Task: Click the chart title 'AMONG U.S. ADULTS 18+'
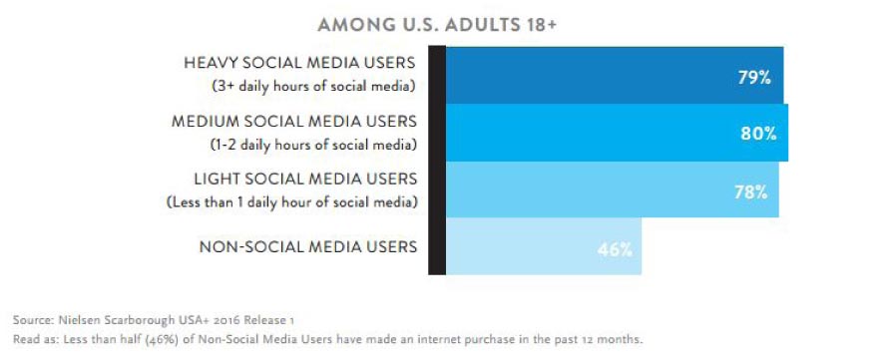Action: pyautogui.click(x=436, y=25)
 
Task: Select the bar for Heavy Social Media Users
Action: pyautogui.click(x=615, y=75)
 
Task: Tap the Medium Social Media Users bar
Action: pyautogui.click(x=617, y=133)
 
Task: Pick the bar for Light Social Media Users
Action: pyautogui.click(x=613, y=189)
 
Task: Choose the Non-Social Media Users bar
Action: pyautogui.click(x=544, y=246)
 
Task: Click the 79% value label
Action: pyautogui.click(x=754, y=78)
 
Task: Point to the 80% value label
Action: pyautogui.click(x=758, y=134)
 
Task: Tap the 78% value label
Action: pyautogui.click(x=750, y=191)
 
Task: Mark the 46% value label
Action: pyautogui.click(x=615, y=249)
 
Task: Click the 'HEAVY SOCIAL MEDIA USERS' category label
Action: pyautogui.click(x=299, y=63)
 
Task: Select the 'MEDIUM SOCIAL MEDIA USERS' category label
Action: pyautogui.click(x=294, y=122)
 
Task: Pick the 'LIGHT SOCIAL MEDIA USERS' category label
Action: pyautogui.click(x=305, y=179)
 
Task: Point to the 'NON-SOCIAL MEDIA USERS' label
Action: pyautogui.click(x=308, y=247)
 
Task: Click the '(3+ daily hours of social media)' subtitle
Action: pyautogui.click(x=313, y=87)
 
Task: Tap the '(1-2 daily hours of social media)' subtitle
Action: pyautogui.click(x=312, y=145)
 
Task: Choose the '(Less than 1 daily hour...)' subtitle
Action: pyautogui.click(x=291, y=202)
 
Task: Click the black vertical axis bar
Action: pyautogui.click(x=437, y=161)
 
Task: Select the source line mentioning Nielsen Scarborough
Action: pyautogui.click(x=154, y=320)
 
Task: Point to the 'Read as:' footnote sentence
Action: pyautogui.click(x=327, y=339)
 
